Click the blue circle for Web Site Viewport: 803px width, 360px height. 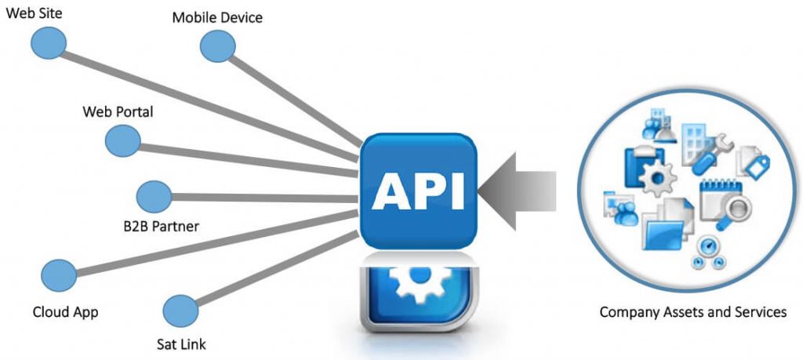click(49, 43)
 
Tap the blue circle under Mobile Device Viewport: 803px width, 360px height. click(218, 46)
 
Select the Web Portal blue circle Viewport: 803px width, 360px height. click(123, 141)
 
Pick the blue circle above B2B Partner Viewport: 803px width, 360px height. click(154, 197)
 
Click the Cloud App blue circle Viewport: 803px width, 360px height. click(59, 275)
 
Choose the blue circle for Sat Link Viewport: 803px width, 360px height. click(181, 311)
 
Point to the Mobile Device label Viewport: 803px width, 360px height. click(217, 17)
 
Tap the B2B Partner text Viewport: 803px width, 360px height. click(162, 226)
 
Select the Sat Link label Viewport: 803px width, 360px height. click(181, 344)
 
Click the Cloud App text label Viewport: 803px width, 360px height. click(65, 312)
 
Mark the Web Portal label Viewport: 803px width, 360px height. click(118, 111)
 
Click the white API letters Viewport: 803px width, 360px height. click(419, 191)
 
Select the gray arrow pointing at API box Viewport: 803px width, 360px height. click(518, 191)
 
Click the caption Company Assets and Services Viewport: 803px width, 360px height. click(693, 312)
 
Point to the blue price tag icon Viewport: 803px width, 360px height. click(758, 167)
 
